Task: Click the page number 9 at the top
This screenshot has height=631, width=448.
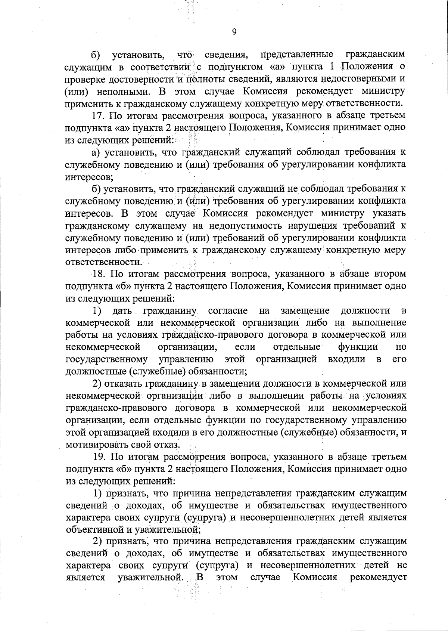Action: pos(234,32)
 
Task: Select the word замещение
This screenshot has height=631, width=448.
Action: pos(305,310)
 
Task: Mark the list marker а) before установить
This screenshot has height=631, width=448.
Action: pos(97,152)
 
